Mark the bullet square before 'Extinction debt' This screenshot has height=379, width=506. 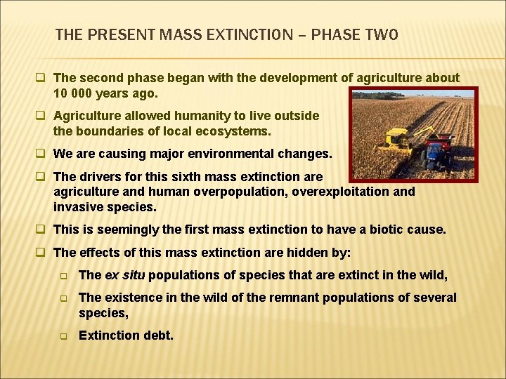pyautogui.click(x=62, y=336)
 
